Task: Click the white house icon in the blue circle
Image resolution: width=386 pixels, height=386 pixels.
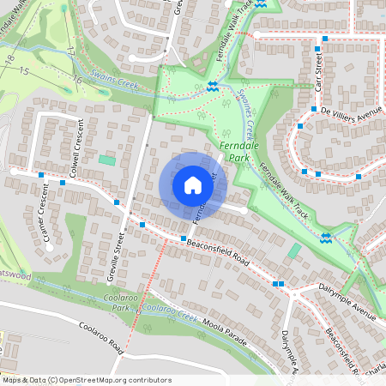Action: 193,185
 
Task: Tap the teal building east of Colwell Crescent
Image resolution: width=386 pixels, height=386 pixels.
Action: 106,160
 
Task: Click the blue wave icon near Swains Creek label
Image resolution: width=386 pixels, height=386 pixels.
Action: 212,85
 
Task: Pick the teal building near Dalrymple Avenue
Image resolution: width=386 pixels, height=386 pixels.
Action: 294,250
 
